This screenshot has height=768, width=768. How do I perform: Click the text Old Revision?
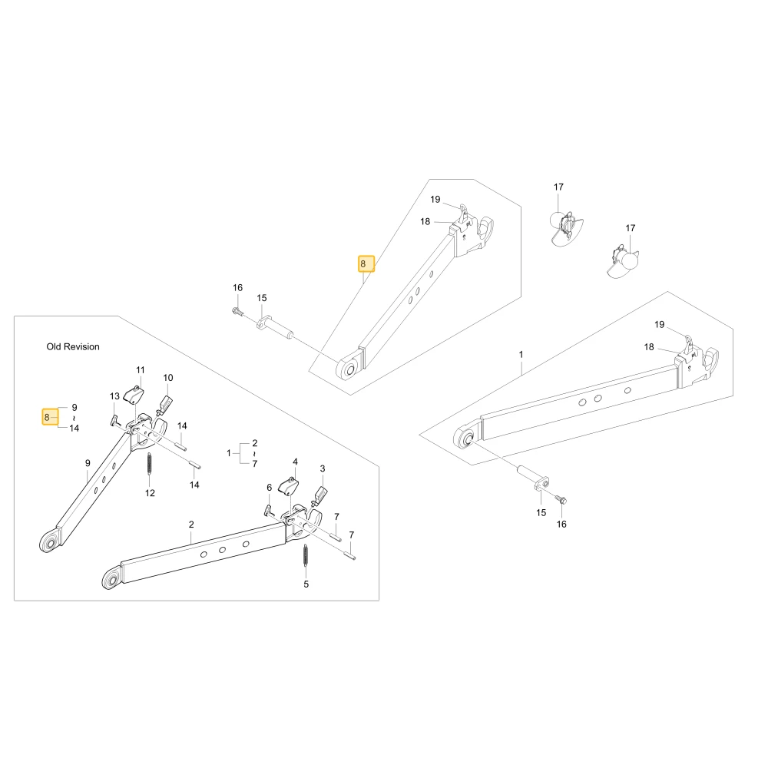point(73,347)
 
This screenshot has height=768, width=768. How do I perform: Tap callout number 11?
point(141,370)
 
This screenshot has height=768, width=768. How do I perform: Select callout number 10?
point(168,378)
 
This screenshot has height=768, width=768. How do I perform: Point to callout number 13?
point(114,396)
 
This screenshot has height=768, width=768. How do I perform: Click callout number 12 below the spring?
point(150,493)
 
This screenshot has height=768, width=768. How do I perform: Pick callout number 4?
point(295,462)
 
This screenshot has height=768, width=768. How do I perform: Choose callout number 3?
point(323,468)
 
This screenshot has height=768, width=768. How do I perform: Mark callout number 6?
point(269,488)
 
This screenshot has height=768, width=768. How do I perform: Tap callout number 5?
point(306,584)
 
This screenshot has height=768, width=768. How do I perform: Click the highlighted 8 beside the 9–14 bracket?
point(50,417)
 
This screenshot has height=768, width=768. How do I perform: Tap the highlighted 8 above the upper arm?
point(366,263)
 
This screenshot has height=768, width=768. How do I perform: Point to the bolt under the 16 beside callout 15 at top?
point(237,311)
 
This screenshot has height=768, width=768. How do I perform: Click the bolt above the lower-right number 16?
point(561,500)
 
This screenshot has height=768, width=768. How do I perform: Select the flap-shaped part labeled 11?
point(133,395)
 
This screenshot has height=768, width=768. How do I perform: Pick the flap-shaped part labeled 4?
point(288,486)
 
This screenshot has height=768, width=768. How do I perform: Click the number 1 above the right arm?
point(521,354)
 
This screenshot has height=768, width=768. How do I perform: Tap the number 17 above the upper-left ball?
point(558,187)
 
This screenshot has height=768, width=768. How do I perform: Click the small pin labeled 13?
point(115,421)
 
